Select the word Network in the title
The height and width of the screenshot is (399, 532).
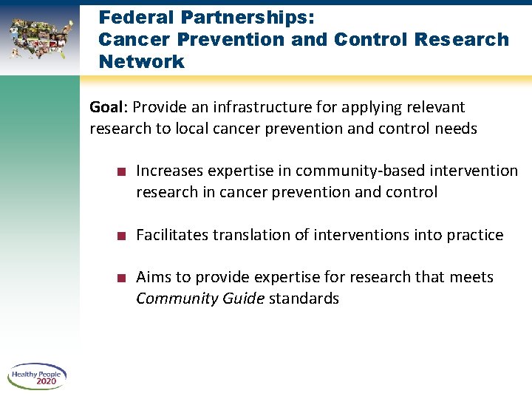141,61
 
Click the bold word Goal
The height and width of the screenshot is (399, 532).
106,107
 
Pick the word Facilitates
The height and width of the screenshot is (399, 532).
172,235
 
